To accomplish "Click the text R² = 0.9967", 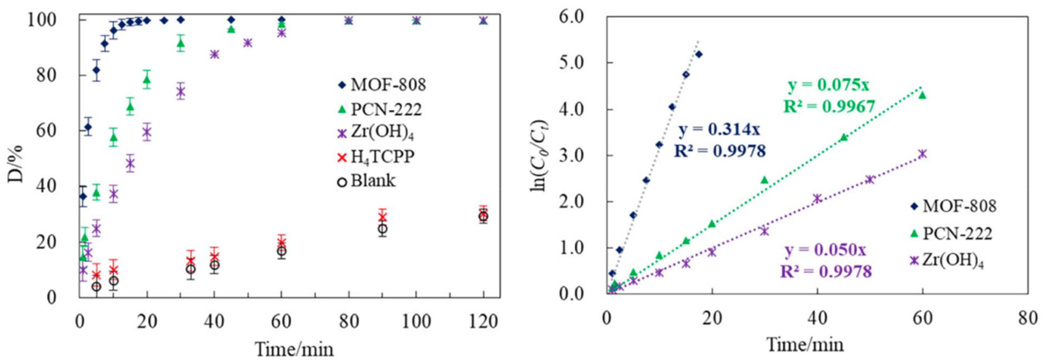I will click(829, 106).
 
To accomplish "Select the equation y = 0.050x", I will click(825, 250).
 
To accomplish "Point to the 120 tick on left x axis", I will click(483, 322).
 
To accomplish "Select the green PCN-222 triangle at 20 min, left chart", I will click(147, 80).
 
